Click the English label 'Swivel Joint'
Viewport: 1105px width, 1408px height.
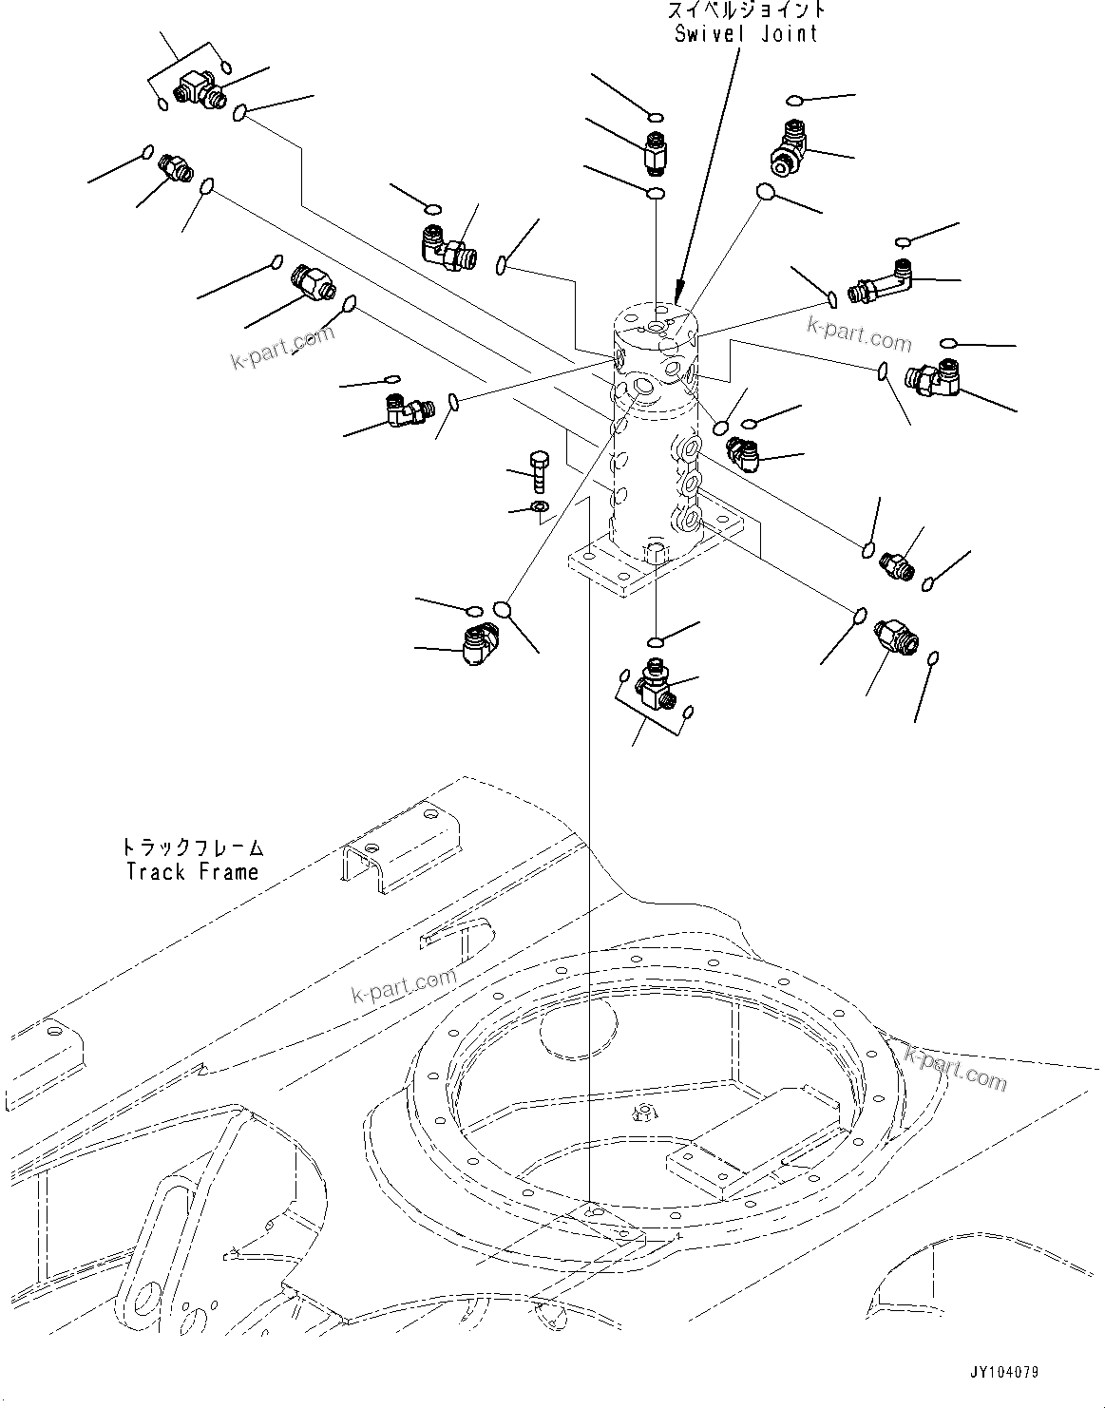745,33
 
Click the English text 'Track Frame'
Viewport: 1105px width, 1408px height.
193,871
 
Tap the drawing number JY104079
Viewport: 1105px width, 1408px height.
1004,1373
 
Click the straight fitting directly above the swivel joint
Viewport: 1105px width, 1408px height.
655,153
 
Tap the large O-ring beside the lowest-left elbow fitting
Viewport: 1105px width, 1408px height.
505,608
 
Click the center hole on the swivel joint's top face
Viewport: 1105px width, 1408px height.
657,328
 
